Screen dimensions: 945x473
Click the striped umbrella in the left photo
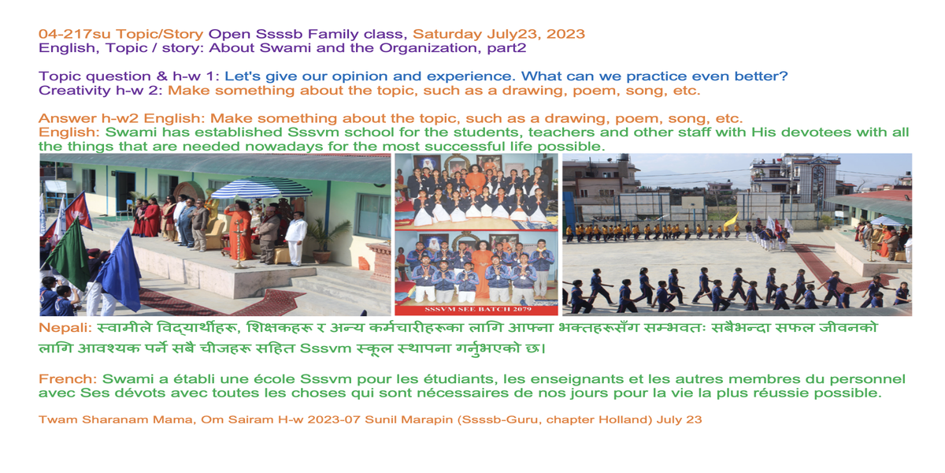click(261, 188)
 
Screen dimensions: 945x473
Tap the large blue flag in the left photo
click(120, 270)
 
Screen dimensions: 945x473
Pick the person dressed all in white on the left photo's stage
click(296, 239)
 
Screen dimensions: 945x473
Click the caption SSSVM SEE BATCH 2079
click(477, 310)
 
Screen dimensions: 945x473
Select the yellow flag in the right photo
click(732, 221)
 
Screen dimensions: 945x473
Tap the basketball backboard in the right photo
click(692, 203)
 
